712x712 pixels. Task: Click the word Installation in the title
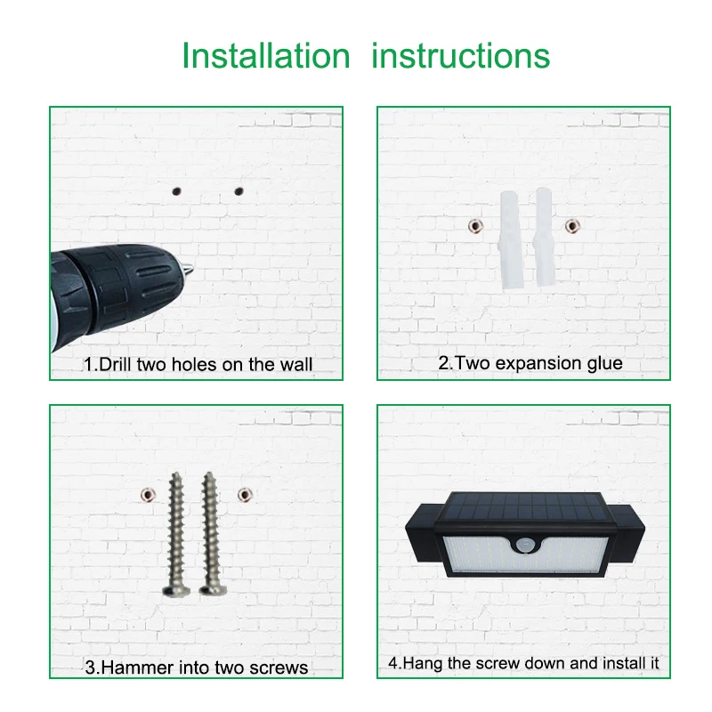tap(266, 56)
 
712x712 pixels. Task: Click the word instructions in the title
tap(460, 56)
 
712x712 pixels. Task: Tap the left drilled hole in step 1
tap(176, 191)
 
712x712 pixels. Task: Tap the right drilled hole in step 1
tap(239, 191)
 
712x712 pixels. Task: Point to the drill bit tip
tap(191, 269)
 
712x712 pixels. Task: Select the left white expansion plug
tap(511, 240)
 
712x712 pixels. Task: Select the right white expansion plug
tap(545, 237)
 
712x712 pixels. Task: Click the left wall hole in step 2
tap(475, 226)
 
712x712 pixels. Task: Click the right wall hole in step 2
tap(572, 226)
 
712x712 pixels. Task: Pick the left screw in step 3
tap(176, 534)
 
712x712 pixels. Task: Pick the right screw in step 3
tap(211, 533)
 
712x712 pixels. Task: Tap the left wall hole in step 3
tap(148, 495)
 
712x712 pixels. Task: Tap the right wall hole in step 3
tap(245, 495)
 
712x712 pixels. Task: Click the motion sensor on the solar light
tap(525, 544)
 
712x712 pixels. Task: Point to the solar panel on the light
tap(523, 507)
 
